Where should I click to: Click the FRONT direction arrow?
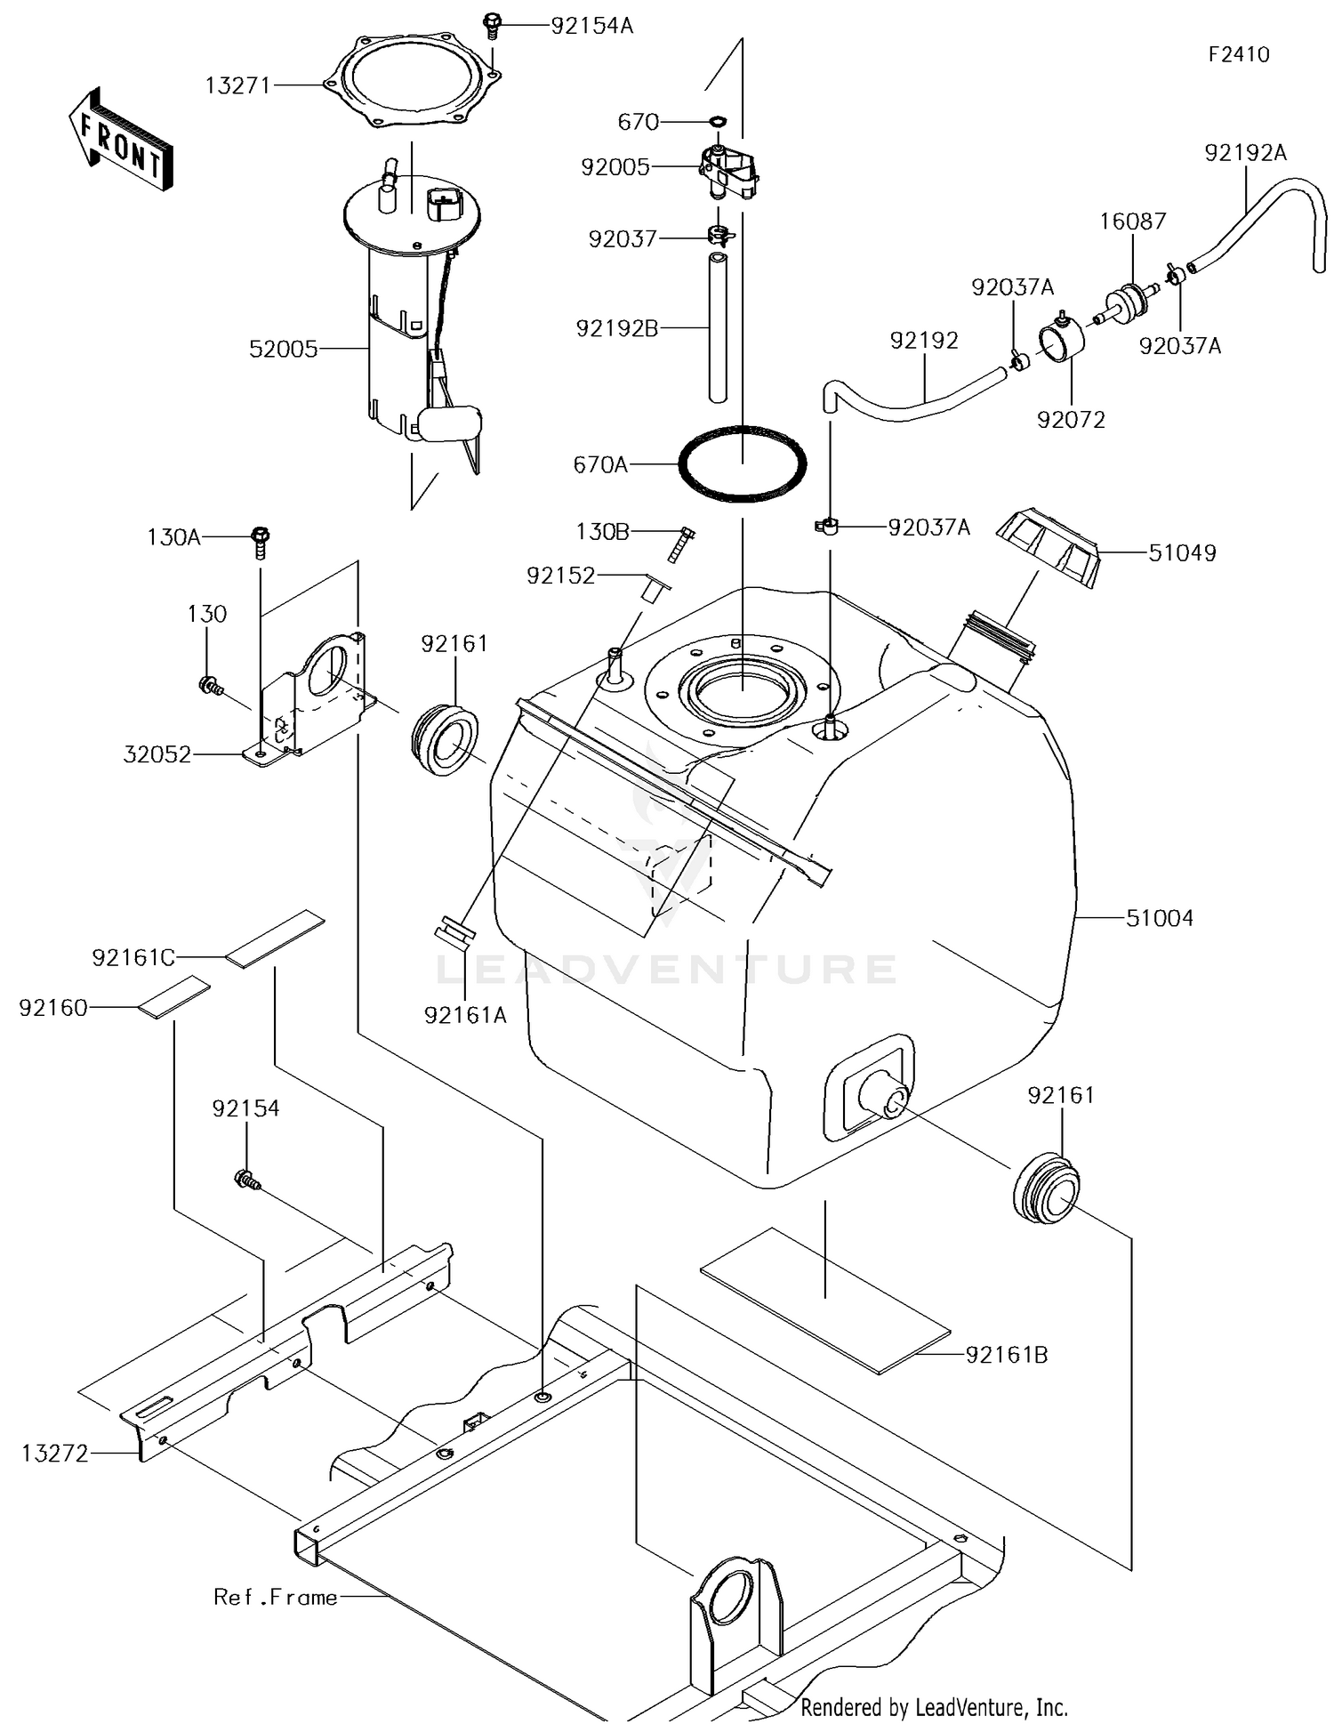point(121,141)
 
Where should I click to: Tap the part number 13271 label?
point(237,86)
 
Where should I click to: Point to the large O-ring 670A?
point(743,463)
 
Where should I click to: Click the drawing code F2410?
point(1238,54)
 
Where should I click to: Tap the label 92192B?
point(617,328)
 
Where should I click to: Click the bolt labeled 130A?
point(261,539)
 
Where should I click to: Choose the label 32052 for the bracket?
point(157,754)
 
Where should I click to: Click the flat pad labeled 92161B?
point(825,1301)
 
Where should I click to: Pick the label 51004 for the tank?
point(1159,918)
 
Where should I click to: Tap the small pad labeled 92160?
point(174,996)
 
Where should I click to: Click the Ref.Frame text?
point(276,1597)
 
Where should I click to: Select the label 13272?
point(55,1453)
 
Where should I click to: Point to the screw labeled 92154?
point(246,1180)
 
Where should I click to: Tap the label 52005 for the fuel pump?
point(283,349)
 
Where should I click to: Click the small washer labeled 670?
point(718,121)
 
